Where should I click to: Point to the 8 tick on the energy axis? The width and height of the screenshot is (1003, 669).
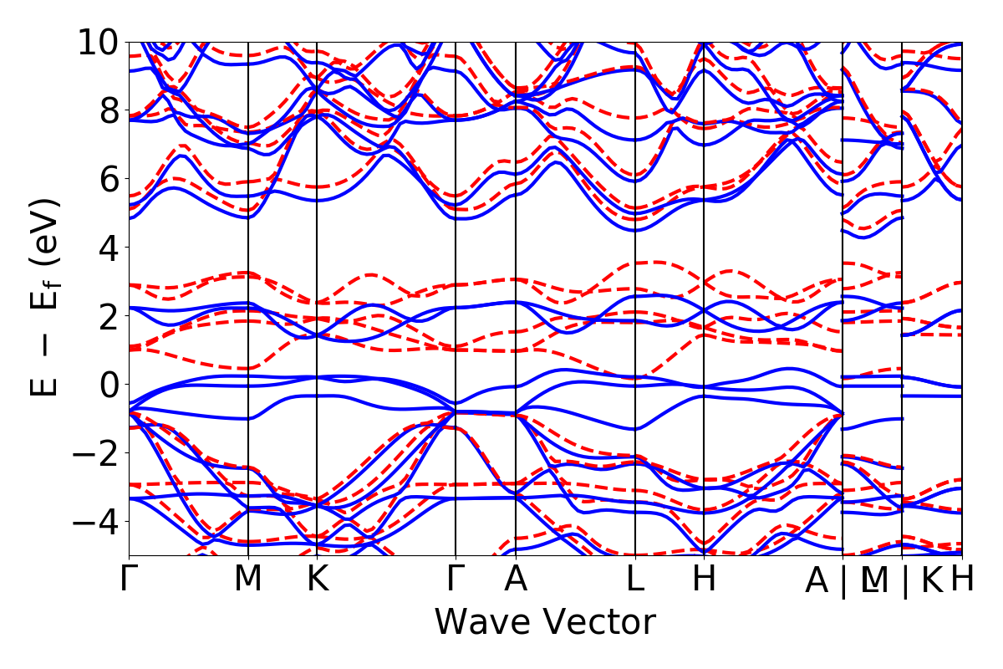105,110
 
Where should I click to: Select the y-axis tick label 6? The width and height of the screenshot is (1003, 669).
105,179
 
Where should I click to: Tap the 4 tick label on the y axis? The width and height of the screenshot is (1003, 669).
105,248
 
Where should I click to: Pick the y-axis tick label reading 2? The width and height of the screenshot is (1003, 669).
105,316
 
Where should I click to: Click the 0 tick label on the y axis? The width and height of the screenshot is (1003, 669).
105,385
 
